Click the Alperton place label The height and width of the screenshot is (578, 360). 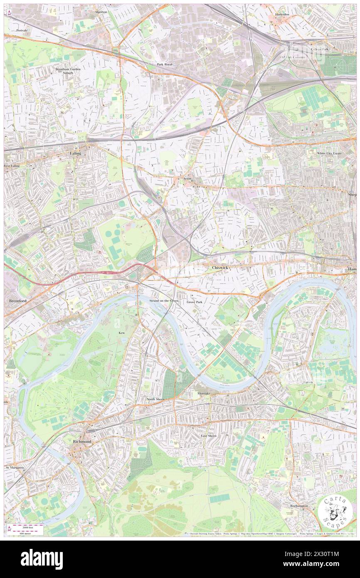click(x=101, y=12)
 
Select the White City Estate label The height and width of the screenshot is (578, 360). click(x=329, y=153)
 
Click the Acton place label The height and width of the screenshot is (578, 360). click(x=187, y=178)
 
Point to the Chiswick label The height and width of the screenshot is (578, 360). click(x=220, y=268)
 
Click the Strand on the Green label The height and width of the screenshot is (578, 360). click(x=164, y=300)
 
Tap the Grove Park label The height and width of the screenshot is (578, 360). click(x=194, y=302)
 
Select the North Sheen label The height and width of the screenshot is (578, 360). click(x=155, y=399)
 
